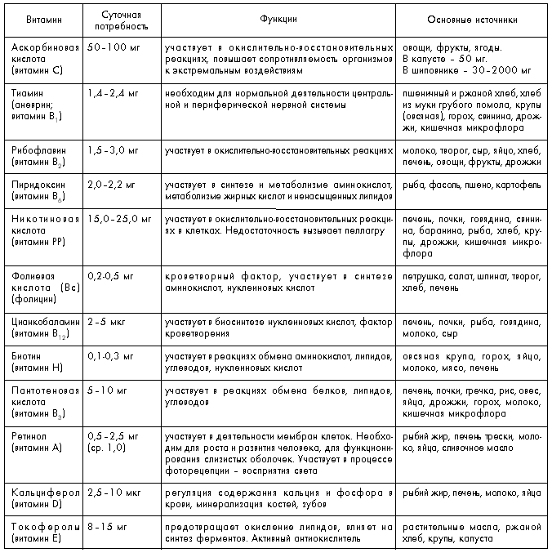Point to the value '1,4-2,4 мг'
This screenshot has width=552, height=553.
tap(113, 94)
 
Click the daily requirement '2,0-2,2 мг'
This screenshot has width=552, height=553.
tap(113, 185)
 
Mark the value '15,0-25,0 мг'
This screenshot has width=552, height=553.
tap(119, 220)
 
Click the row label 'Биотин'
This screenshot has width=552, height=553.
tap(28, 357)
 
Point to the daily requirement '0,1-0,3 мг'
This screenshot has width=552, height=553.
tap(113, 357)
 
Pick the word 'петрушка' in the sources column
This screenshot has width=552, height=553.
tap(423, 277)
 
